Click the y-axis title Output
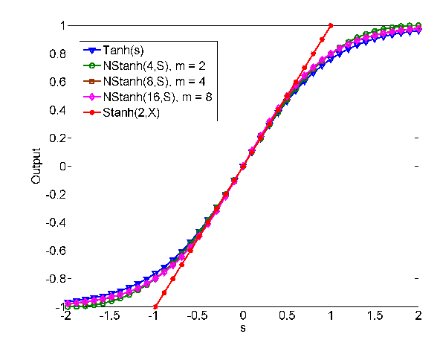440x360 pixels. point(36,167)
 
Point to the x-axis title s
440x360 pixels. point(243,327)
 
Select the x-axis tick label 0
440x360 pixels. point(243,315)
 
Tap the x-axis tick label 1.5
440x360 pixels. point(375,315)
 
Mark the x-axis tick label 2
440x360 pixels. point(419,315)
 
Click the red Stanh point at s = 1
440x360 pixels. point(331,25)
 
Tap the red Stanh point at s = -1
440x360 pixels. point(155,306)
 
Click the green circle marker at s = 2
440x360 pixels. point(418,25)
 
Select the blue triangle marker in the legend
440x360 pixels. point(91,51)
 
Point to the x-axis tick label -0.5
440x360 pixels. point(198,315)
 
